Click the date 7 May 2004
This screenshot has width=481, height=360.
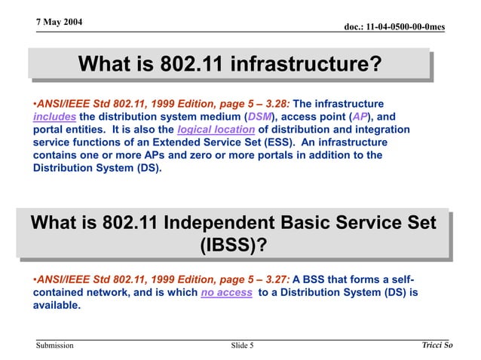point(60,21)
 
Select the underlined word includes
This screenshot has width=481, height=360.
point(54,117)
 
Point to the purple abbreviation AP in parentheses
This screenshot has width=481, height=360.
point(360,117)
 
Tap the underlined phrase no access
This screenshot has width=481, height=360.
point(226,292)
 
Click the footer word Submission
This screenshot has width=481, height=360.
point(54,346)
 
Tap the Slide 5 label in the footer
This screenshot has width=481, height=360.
point(242,346)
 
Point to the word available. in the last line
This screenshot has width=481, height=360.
point(57,305)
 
